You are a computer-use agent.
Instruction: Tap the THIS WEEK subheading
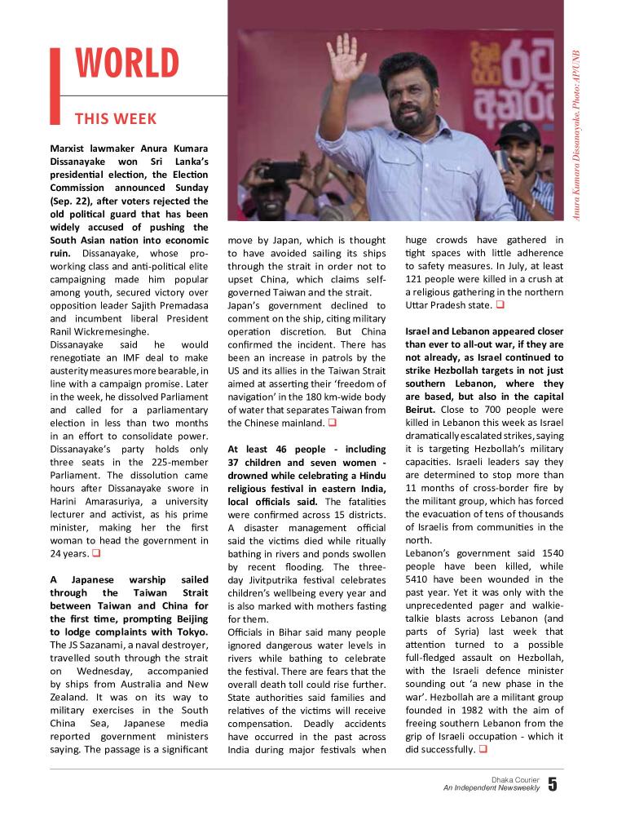115,119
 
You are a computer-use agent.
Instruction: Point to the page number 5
553,785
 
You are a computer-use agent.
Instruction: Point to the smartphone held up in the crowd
282,171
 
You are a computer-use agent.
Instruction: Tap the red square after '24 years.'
95,553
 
